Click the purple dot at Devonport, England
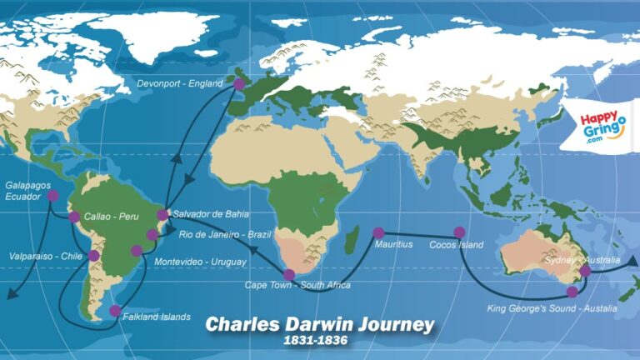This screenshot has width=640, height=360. (x=239, y=84)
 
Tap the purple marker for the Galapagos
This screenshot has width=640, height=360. (x=53, y=196)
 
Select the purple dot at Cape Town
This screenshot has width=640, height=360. (x=289, y=275)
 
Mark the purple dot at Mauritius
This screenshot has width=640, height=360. (x=379, y=233)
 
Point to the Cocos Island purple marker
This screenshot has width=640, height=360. (x=458, y=232)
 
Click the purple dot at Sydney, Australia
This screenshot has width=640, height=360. (x=585, y=270)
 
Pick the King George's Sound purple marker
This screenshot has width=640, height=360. (x=572, y=292)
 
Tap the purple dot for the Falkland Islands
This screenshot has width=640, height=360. (x=115, y=311)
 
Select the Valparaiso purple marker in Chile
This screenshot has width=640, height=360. (x=94, y=256)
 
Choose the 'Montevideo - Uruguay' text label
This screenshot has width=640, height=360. (x=201, y=262)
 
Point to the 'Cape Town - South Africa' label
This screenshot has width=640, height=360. (x=297, y=286)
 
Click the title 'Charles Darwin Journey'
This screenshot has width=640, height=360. (x=320, y=323)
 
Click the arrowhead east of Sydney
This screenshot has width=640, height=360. (x=632, y=261)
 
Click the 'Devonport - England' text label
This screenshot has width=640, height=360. (x=181, y=83)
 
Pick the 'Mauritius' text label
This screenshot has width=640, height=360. (x=394, y=246)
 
